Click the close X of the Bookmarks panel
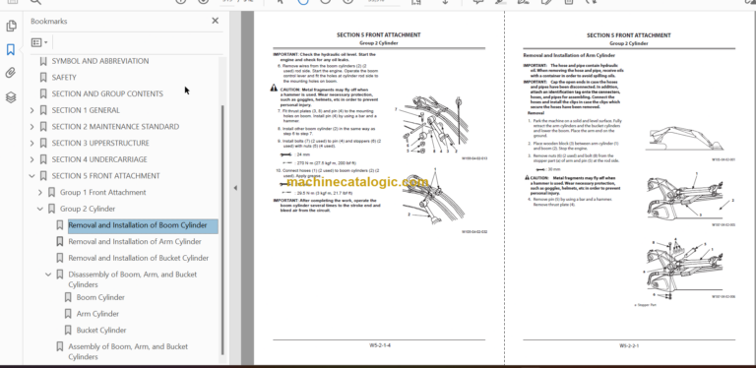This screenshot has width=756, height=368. [216, 20]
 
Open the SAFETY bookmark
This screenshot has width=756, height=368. [64, 77]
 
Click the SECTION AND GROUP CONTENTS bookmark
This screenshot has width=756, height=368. [107, 93]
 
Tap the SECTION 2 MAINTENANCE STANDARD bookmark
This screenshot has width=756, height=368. [114, 126]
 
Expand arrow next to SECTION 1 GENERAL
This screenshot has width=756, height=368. [31, 110]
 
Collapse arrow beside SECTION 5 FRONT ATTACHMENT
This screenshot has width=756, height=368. [31, 176]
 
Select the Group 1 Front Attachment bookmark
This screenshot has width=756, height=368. [102, 192]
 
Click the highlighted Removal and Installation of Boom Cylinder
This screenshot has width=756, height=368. [137, 225]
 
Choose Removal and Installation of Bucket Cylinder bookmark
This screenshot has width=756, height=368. [138, 258]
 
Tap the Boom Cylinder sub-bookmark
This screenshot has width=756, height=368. [100, 296]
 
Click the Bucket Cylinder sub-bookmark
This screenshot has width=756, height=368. [101, 330]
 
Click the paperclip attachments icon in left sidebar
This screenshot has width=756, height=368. [11, 73]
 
